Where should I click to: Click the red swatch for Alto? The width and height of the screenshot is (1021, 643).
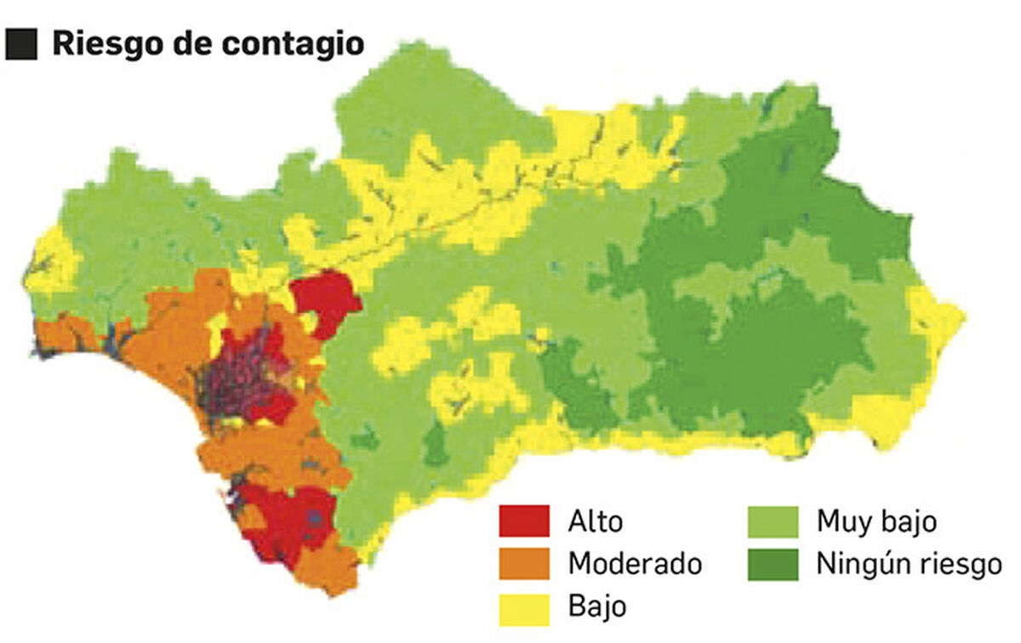523,521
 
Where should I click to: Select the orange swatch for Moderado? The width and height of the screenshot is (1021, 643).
523,564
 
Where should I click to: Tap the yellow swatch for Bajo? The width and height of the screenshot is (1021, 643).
523,607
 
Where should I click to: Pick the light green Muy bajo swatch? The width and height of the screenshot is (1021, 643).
773,521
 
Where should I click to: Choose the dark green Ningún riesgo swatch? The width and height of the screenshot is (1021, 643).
773,564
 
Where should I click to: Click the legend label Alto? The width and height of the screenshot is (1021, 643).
596,521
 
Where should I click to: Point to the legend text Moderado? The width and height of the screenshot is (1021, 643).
636,564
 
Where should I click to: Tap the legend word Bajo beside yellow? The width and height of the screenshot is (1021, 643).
597,607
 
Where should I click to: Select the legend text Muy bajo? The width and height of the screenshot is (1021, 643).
876,521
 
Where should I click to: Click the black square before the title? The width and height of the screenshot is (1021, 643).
20,44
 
